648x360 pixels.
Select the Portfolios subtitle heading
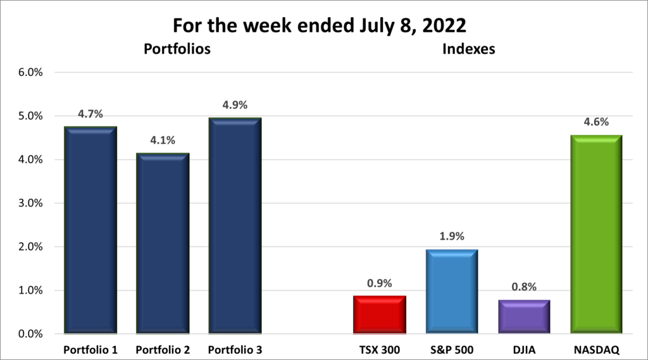click(x=177, y=49)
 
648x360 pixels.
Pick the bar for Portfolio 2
click(x=163, y=243)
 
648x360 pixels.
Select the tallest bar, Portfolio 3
click(x=235, y=225)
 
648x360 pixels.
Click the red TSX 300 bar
click(x=379, y=314)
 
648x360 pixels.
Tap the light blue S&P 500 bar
click(x=451, y=292)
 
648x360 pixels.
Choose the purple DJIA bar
click(x=523, y=316)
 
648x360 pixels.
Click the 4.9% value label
click(x=235, y=104)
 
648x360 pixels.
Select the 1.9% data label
click(x=451, y=237)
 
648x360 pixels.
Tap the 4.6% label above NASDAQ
click(x=595, y=121)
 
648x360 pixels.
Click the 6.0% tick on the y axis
click(x=31, y=72)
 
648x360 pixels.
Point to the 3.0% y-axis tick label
click(x=31, y=203)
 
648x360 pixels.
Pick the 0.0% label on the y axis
click(x=31, y=334)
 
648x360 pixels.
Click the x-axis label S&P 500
click(x=451, y=349)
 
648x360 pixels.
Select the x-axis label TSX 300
click(x=379, y=349)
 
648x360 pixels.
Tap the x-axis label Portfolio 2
click(x=163, y=349)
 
